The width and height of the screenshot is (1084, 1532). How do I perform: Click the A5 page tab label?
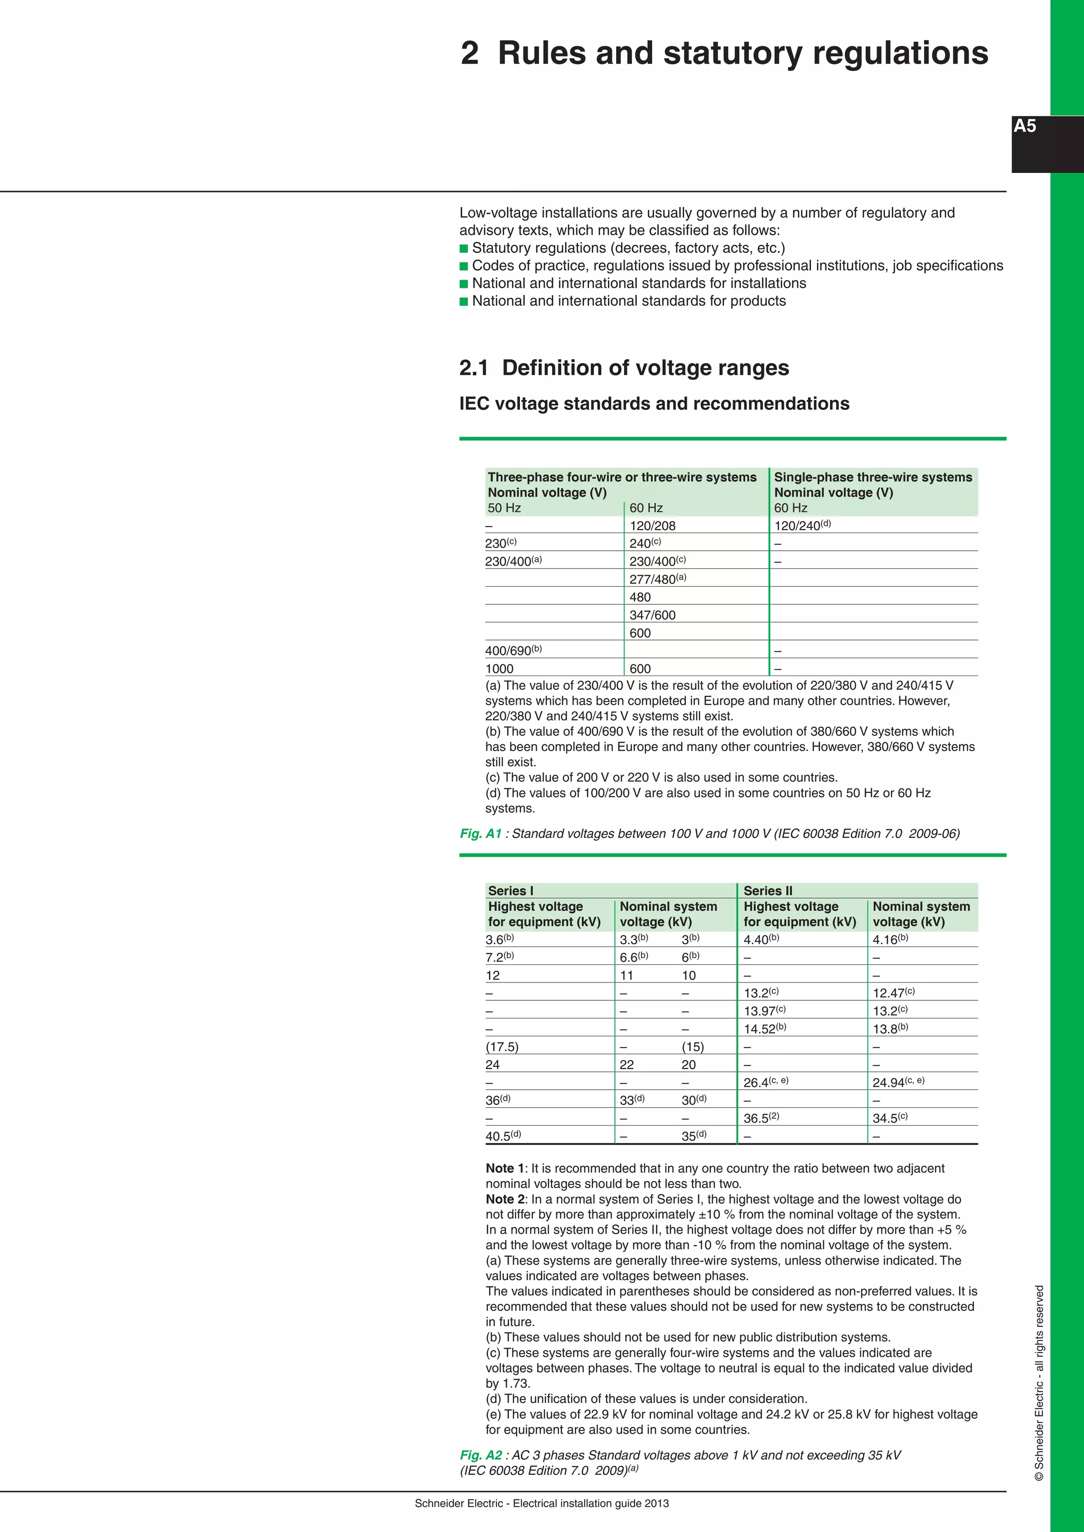click(1025, 126)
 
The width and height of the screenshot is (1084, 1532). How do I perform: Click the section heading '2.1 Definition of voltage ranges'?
click(624, 368)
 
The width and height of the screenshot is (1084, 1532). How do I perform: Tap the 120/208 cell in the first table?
click(652, 526)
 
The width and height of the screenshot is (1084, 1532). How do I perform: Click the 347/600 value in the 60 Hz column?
click(652, 615)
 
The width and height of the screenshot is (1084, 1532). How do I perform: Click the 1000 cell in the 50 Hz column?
click(499, 669)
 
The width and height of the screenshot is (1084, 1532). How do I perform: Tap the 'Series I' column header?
click(511, 891)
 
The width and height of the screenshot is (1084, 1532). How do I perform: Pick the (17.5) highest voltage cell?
click(502, 1047)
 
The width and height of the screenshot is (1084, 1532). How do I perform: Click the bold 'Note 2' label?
click(505, 1199)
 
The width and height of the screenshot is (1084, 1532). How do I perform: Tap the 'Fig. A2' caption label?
click(481, 1455)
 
